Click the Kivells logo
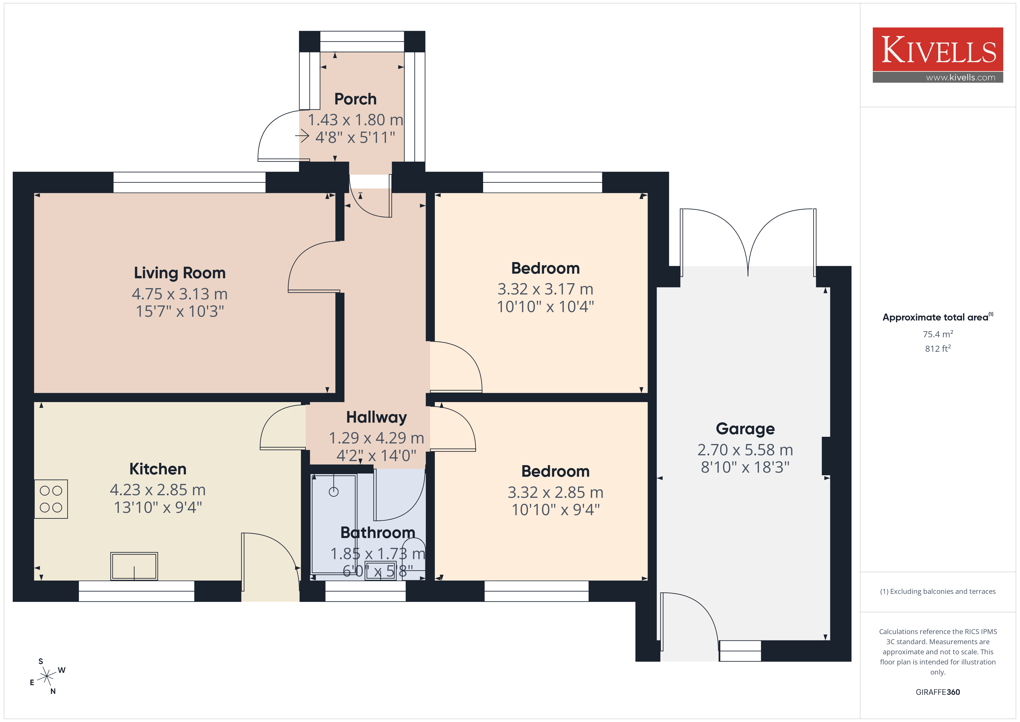coord(937,55)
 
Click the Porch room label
coord(355,99)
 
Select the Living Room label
coord(180,272)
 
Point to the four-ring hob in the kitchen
coord(51,499)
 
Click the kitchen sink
coord(134,566)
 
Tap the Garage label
coord(745,429)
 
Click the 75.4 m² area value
coord(937,334)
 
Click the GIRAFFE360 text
coord(937,692)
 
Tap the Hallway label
coord(376,417)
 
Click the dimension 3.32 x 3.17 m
coord(545,289)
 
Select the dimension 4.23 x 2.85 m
coord(158,489)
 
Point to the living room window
coord(189,182)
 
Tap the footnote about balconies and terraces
coord(937,591)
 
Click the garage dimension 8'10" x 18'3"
coord(745,467)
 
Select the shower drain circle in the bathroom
coord(334,492)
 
